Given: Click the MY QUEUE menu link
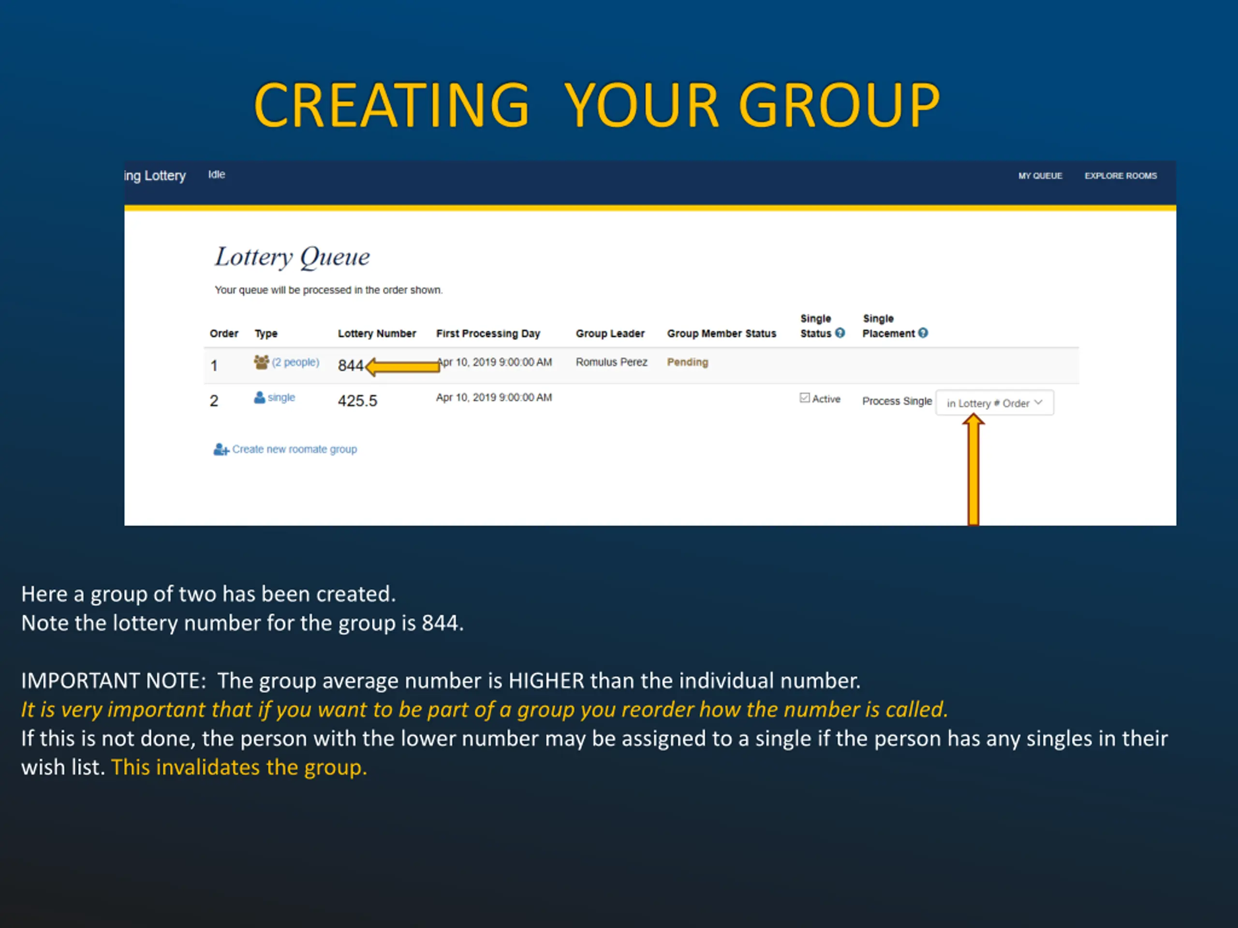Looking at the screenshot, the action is pos(1040,175).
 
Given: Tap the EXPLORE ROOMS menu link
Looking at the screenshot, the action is pos(1120,175).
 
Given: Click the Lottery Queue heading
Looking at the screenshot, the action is pos(292,257).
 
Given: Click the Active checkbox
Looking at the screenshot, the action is pos(805,398).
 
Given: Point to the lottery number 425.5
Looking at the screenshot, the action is pos(358,401).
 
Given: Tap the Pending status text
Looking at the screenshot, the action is pos(687,362).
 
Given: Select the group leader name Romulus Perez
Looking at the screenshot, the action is pos(611,362).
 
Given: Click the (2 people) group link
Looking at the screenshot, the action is pos(295,362).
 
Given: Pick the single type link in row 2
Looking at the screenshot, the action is pos(281,397).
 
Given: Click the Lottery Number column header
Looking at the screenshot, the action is pos(377,333).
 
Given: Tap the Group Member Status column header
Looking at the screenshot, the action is pos(722,333).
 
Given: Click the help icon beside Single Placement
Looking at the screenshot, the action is pos(923,333).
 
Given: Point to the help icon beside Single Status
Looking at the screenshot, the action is pos(840,333).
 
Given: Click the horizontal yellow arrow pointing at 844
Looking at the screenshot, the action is pos(402,366).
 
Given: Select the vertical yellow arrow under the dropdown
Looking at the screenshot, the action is pos(973,469).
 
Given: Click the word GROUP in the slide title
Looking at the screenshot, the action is pos(840,105).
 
